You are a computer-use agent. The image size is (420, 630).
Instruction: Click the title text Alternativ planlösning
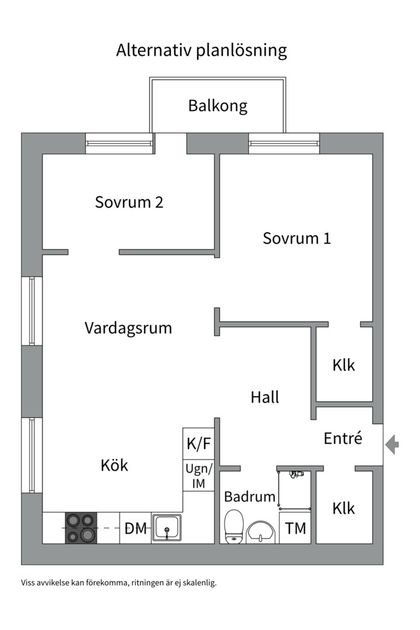point(201,50)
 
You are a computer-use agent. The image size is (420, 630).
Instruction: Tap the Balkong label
point(218,106)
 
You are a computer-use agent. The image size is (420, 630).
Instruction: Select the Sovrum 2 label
point(129,202)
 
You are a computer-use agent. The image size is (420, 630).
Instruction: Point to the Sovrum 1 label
point(296,238)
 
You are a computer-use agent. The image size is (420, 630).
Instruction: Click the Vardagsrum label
point(128,328)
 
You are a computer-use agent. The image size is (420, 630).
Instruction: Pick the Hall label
point(265,397)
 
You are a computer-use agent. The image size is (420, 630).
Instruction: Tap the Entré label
point(343,438)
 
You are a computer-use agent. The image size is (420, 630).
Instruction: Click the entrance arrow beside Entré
point(393,444)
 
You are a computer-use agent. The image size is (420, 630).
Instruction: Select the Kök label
point(114,466)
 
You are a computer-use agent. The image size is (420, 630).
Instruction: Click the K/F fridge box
point(199,444)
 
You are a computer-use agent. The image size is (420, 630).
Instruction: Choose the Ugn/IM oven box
point(199,475)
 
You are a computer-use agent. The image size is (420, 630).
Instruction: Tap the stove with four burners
point(80,528)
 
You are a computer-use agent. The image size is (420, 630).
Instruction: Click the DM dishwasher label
point(135,529)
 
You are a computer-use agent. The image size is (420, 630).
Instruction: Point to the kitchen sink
point(167,528)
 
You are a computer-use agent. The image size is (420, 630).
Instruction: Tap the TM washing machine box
point(296,529)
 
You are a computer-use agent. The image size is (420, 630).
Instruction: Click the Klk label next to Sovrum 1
point(344,366)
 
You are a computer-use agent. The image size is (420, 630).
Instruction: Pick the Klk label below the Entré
point(344,509)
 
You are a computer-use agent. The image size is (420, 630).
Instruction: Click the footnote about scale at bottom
point(118,582)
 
